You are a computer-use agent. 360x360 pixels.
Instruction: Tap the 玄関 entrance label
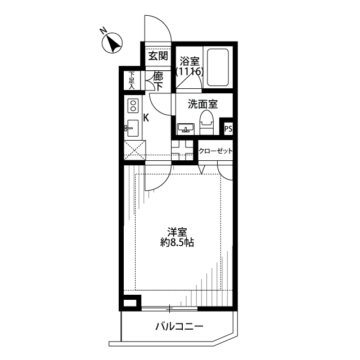click(157, 56)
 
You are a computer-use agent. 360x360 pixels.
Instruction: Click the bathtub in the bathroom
click(217, 67)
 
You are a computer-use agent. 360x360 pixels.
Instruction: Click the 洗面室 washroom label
click(195, 104)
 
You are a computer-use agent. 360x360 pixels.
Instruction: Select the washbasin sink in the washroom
click(185, 128)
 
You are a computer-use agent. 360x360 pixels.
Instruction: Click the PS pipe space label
click(228, 129)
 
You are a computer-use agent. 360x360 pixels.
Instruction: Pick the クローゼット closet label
click(216, 151)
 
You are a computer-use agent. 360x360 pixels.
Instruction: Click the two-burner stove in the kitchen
click(133, 106)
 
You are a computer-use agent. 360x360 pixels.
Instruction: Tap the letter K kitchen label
click(145, 118)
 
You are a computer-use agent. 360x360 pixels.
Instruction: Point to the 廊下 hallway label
click(159, 82)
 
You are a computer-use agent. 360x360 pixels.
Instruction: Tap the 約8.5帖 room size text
click(177, 243)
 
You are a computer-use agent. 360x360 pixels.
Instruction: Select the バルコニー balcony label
click(178, 326)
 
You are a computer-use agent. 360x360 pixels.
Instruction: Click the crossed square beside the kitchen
click(134, 149)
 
